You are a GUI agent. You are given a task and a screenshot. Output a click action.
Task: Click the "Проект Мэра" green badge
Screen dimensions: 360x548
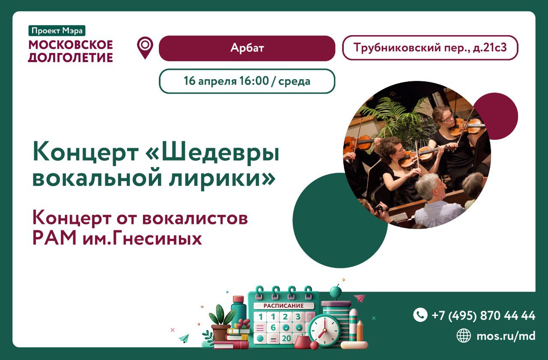click(57, 31)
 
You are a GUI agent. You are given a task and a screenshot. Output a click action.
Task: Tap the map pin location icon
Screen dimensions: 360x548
click(145, 47)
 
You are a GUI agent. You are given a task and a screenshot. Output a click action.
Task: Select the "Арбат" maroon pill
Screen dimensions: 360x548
click(247, 48)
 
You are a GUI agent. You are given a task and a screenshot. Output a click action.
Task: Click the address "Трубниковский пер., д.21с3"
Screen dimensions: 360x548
click(430, 48)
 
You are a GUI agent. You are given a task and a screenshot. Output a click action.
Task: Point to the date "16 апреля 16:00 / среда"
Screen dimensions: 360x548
click(247, 81)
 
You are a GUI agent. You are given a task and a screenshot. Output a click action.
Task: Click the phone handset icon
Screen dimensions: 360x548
click(420, 315)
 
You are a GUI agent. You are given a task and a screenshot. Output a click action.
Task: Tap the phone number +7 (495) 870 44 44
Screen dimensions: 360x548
click(483, 315)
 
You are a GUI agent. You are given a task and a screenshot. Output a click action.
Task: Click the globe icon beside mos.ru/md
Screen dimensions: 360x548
click(463, 336)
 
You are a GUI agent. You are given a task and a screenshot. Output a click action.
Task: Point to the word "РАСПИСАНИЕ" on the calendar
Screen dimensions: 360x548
click(283, 306)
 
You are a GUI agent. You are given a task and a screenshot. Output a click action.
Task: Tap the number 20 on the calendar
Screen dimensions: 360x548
click(286, 339)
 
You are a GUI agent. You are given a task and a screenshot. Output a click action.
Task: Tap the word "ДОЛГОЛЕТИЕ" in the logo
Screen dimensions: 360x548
click(71, 57)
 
